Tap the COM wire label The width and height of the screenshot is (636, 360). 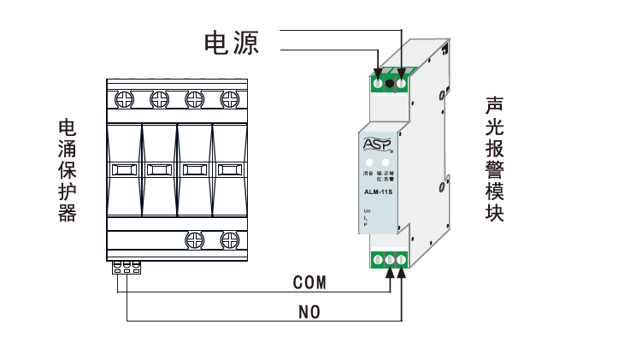309,281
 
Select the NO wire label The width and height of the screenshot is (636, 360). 309,313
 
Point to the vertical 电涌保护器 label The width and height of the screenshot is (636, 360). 67,171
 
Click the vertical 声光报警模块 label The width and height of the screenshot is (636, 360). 494,159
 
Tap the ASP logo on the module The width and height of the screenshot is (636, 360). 376,145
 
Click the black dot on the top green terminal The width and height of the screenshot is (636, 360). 390,83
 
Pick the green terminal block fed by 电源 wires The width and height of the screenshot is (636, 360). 391,82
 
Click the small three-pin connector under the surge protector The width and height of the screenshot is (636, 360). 126,268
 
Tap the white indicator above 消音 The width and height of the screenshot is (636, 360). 369,162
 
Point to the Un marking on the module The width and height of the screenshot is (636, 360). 367,210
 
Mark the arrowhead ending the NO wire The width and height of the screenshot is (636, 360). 403,273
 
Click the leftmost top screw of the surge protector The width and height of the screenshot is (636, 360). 124,98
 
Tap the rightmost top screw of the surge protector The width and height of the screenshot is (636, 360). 228,98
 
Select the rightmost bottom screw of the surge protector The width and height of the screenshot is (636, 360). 228,239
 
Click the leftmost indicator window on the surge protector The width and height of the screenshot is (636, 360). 124,169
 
